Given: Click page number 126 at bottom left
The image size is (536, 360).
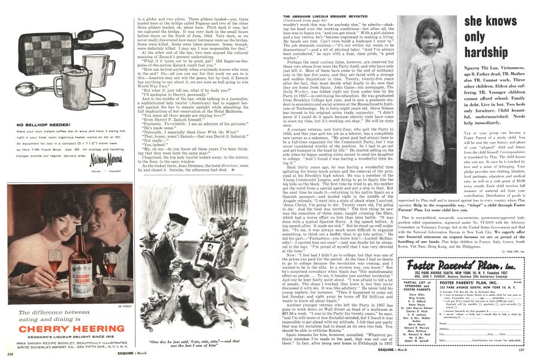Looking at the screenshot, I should [x=11, y=354].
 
